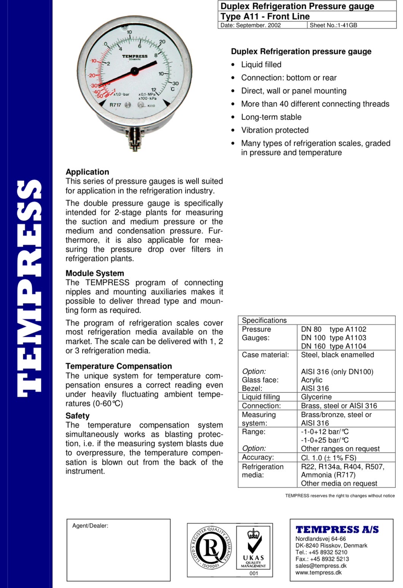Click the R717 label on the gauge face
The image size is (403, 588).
click(115, 105)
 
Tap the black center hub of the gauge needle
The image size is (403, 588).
click(134, 70)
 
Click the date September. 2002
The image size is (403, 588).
click(251, 25)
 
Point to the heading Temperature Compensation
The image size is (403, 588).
click(119, 366)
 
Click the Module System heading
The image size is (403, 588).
click(95, 273)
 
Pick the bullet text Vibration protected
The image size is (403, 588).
click(275, 130)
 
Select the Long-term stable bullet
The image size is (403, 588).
click(271, 117)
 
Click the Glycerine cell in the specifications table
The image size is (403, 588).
click(316, 397)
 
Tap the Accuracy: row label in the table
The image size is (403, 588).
click(258, 457)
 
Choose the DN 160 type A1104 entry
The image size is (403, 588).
click(333, 346)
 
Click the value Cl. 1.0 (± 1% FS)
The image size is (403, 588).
click(328, 458)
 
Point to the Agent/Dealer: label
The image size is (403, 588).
click(90, 526)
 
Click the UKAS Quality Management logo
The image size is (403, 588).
click(253, 550)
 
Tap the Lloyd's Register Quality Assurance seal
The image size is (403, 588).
click(210, 548)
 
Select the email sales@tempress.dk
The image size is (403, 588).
click(321, 566)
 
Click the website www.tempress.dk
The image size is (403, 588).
click(318, 572)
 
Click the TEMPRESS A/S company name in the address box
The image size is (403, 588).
click(337, 529)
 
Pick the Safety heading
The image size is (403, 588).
click(78, 416)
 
